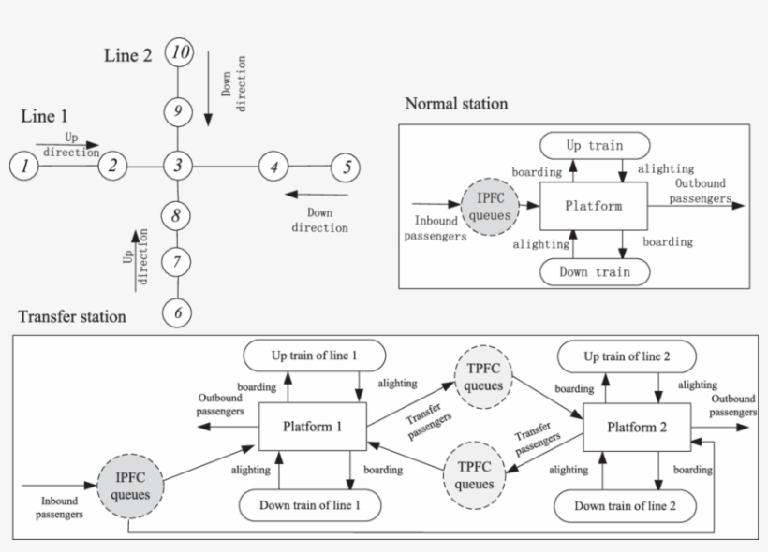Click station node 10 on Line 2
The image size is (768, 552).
[178, 53]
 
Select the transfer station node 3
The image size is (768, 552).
[178, 167]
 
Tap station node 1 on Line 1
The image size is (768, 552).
[23, 167]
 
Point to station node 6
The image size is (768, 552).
[178, 312]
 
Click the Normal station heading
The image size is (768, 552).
[456, 103]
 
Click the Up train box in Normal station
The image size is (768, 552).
[595, 145]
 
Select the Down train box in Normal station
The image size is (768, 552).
[595, 271]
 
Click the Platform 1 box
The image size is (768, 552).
[312, 427]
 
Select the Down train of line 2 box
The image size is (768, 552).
[626, 505]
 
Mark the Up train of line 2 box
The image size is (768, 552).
[626, 356]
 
